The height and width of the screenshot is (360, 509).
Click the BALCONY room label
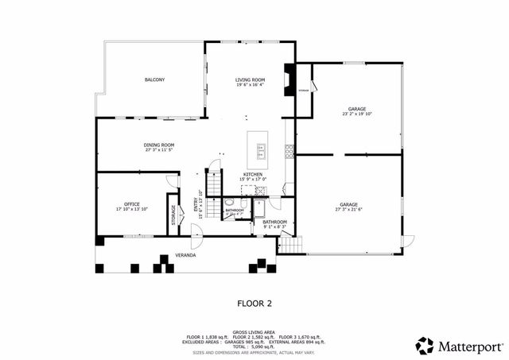(154, 80)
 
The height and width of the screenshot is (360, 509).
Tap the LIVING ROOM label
(250, 80)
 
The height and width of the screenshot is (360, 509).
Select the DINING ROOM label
(159, 145)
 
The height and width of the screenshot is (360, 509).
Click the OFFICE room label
(131, 204)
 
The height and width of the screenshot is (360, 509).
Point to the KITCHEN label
(253, 174)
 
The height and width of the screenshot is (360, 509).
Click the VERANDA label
(186, 255)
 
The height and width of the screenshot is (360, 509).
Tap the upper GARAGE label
(357, 109)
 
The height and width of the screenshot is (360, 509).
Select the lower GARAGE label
(348, 204)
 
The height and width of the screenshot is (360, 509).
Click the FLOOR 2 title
(254, 303)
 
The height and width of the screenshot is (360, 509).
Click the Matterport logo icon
(425, 346)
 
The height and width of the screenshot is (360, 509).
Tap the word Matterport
(471, 346)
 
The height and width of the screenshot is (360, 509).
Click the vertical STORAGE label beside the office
(173, 215)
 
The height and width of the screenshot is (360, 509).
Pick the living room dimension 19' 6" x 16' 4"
(250, 85)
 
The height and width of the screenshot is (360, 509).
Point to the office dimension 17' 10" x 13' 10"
(131, 210)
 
